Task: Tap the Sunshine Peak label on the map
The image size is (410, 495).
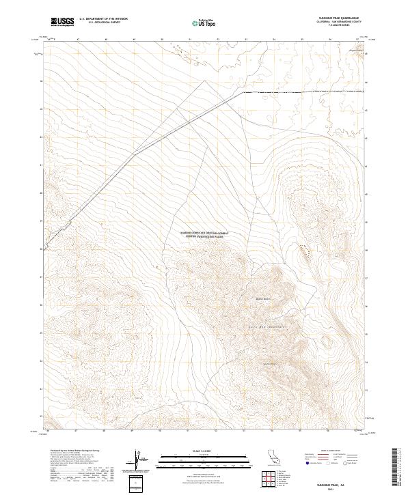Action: (x=269, y=363)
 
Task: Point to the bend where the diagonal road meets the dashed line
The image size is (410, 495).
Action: (x=244, y=91)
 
